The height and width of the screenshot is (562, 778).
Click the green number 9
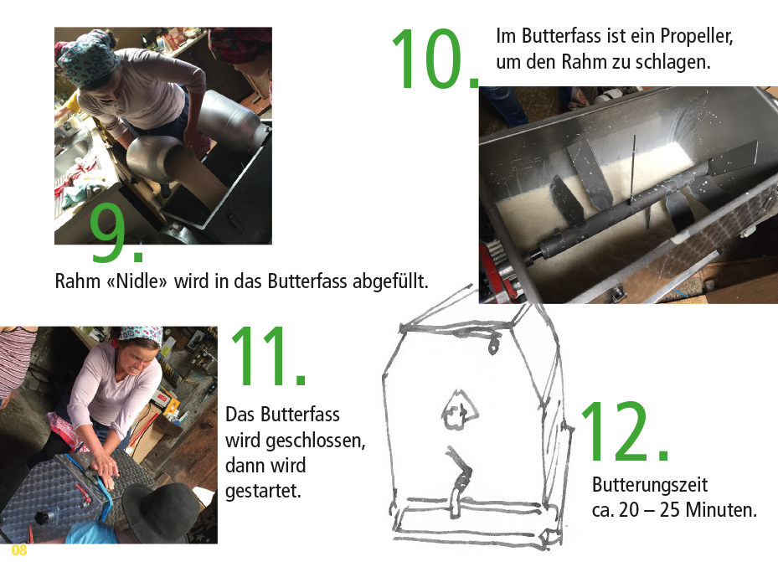tap(116, 232)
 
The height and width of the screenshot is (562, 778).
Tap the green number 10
tap(435, 59)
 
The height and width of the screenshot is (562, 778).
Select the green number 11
tap(269, 356)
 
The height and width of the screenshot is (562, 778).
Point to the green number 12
tap(624, 431)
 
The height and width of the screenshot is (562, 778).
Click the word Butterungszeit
tap(650, 485)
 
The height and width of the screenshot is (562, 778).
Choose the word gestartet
tap(263, 491)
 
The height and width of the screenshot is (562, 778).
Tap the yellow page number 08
tap(19, 549)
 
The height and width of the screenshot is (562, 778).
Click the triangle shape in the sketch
tap(460, 410)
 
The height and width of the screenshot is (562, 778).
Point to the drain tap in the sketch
tap(457, 480)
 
